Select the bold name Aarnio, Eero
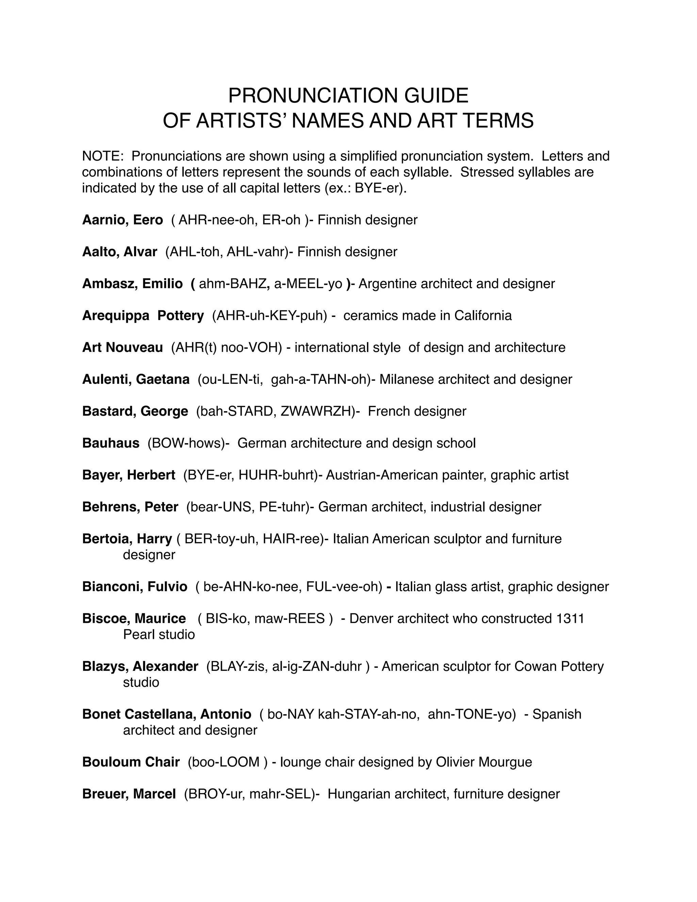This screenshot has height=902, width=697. click(x=123, y=220)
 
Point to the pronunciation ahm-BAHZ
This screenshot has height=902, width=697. click(x=233, y=284)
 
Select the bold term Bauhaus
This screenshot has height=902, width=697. click(x=111, y=443)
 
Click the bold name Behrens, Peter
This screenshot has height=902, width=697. click(x=130, y=507)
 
